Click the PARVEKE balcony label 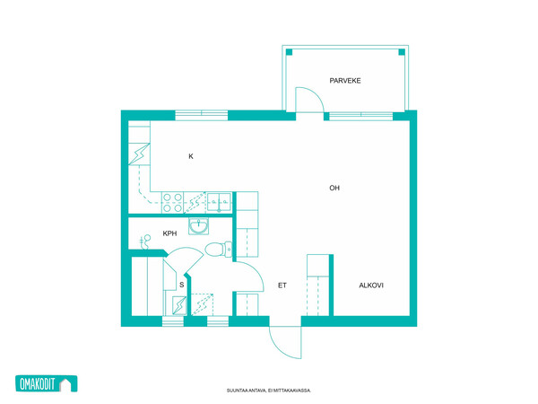(x=345, y=81)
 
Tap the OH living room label (x=334, y=188)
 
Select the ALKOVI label (x=371, y=285)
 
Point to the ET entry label (x=282, y=285)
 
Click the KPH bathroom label (x=169, y=233)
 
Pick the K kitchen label (x=191, y=156)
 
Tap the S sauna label (x=182, y=285)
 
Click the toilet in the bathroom (x=218, y=249)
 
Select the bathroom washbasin (x=198, y=226)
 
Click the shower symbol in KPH (x=146, y=241)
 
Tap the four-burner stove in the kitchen (x=172, y=203)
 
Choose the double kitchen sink (x=219, y=202)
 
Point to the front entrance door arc (x=279, y=347)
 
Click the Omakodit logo (x=47, y=383)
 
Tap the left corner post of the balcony (x=289, y=52)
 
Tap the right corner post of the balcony (x=402, y=52)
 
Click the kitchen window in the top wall (x=202, y=115)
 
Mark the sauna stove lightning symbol (x=179, y=305)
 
